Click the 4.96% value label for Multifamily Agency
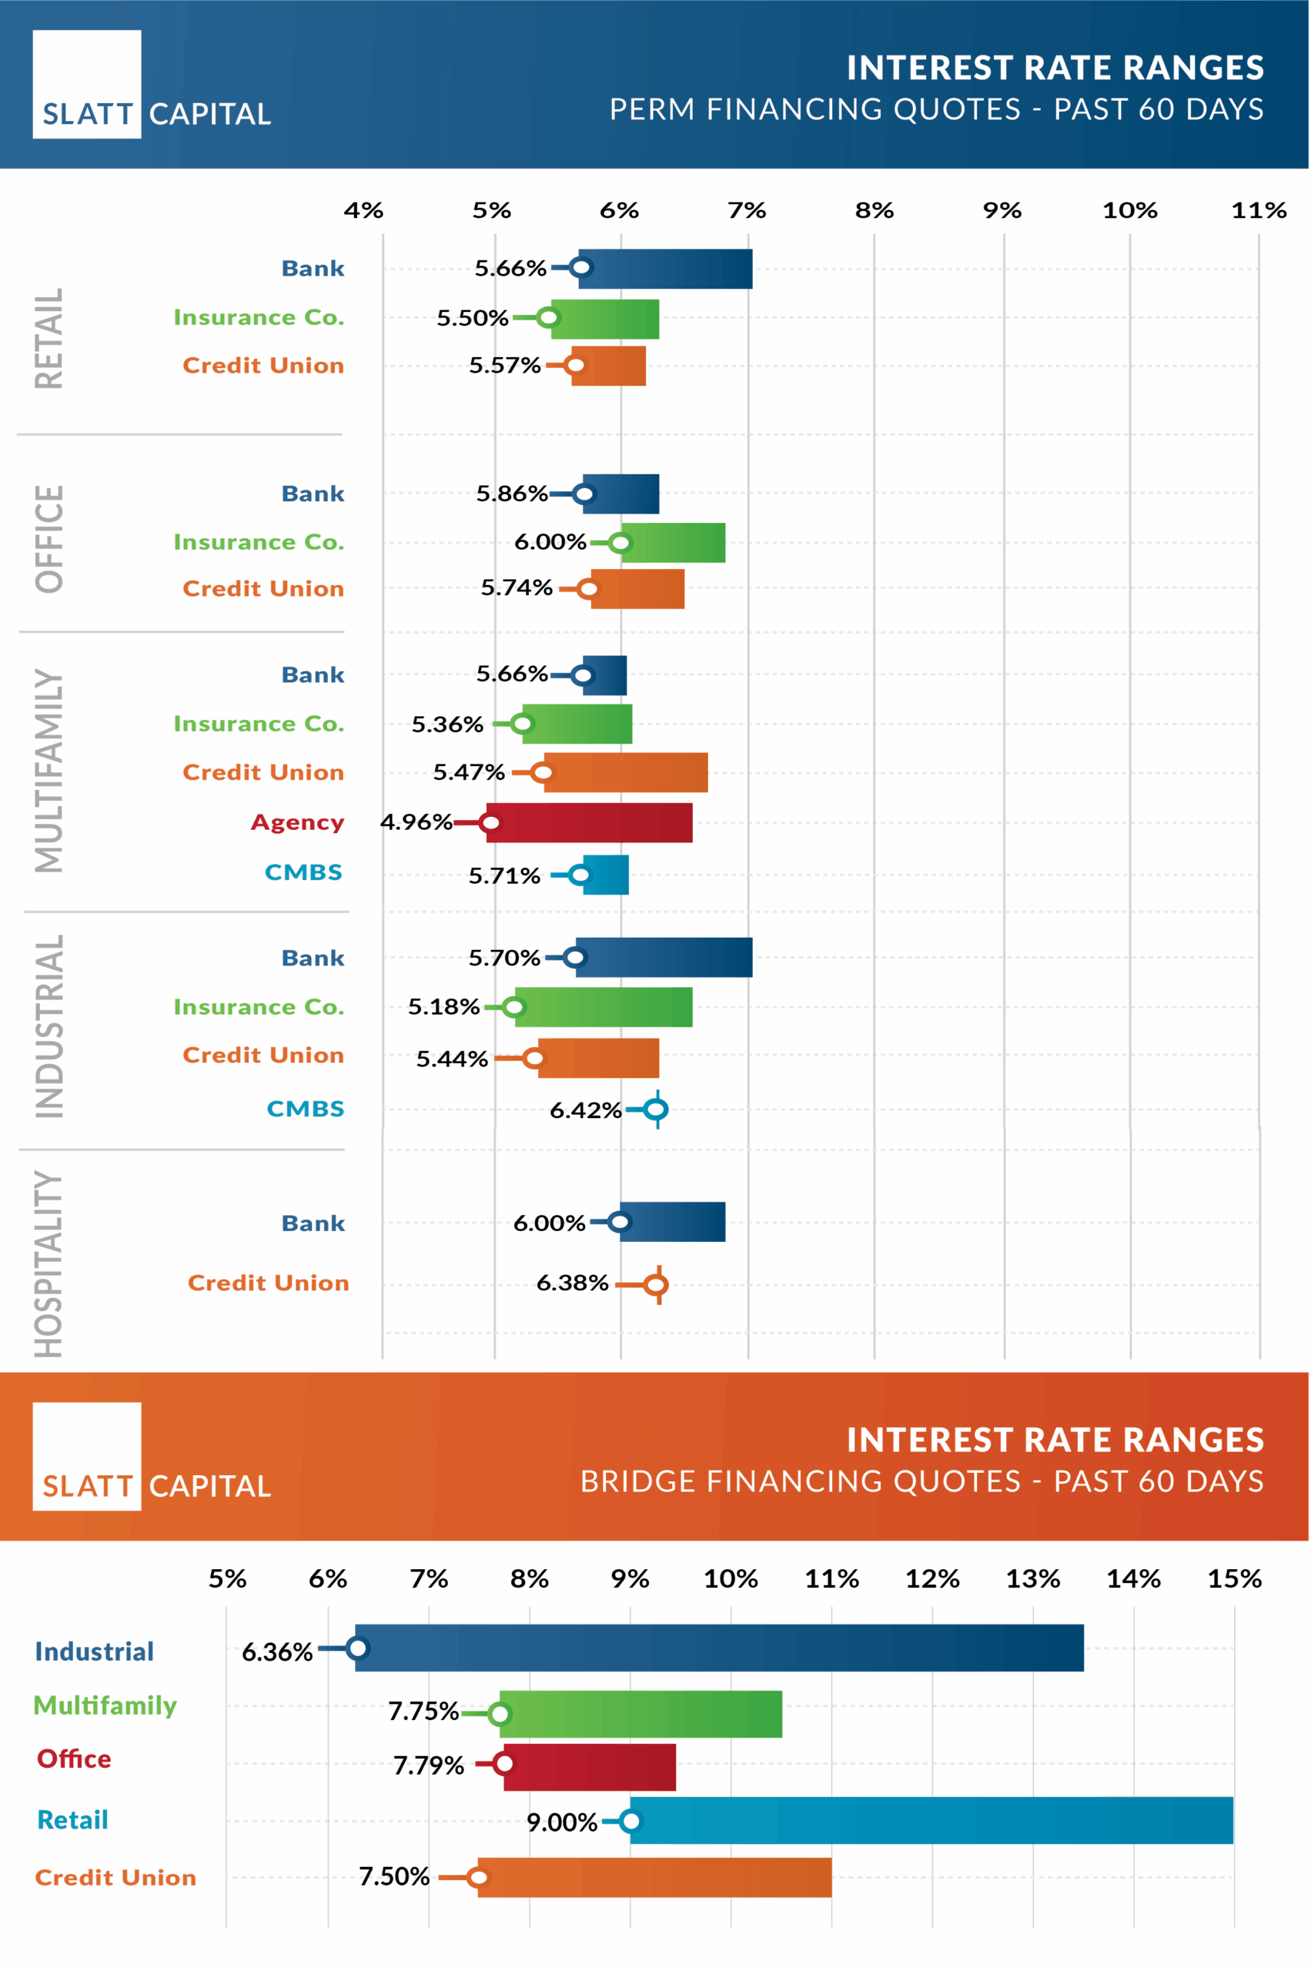point(416,822)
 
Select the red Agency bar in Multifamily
point(590,823)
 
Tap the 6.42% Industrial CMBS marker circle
point(657,1109)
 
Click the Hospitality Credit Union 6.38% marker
point(657,1284)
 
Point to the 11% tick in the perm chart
point(1259,211)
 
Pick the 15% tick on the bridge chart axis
point(1234,1579)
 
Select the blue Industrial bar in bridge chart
point(719,1648)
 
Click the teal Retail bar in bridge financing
point(931,1820)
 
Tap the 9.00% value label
point(562,1822)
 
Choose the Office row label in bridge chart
point(74,1759)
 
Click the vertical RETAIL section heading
point(48,339)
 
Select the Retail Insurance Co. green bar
point(604,319)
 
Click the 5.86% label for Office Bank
point(512,494)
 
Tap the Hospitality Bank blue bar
point(672,1222)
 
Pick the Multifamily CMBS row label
point(303,872)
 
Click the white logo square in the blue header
point(87,84)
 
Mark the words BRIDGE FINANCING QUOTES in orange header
point(800,1481)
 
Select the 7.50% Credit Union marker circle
point(478,1877)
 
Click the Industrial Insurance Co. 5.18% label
point(443,1007)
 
